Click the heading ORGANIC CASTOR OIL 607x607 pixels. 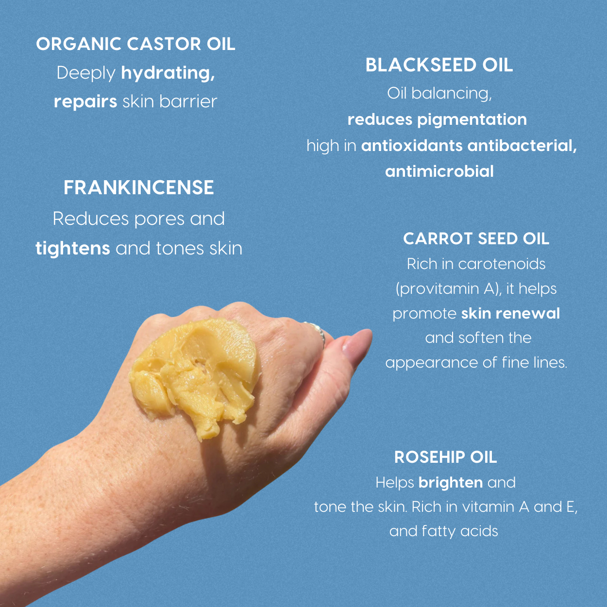coord(135,44)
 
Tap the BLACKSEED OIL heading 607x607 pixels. coord(439,65)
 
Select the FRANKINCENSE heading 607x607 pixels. coord(138,188)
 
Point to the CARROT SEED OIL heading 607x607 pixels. coord(476,238)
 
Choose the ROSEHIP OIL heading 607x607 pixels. coord(445,457)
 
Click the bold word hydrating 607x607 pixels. coord(168,73)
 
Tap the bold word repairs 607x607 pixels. coord(85,101)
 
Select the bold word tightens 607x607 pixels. coord(73,248)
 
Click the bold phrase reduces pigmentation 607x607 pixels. coord(437,119)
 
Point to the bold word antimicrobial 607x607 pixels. coord(439,171)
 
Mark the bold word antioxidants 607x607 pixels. coord(412,146)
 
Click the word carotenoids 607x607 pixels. coord(502,264)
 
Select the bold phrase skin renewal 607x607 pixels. coord(510,313)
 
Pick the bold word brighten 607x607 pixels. coord(450,482)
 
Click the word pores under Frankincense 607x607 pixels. coord(160,219)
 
